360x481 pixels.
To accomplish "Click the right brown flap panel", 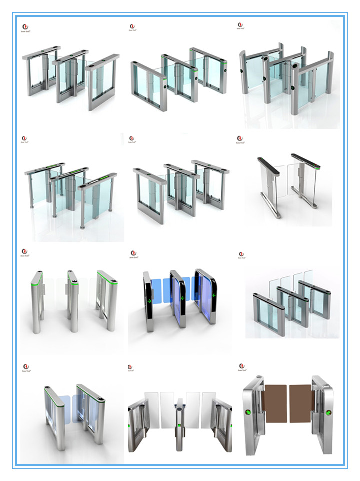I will pos(301,403).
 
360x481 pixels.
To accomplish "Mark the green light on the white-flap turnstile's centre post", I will pos(179,425).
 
